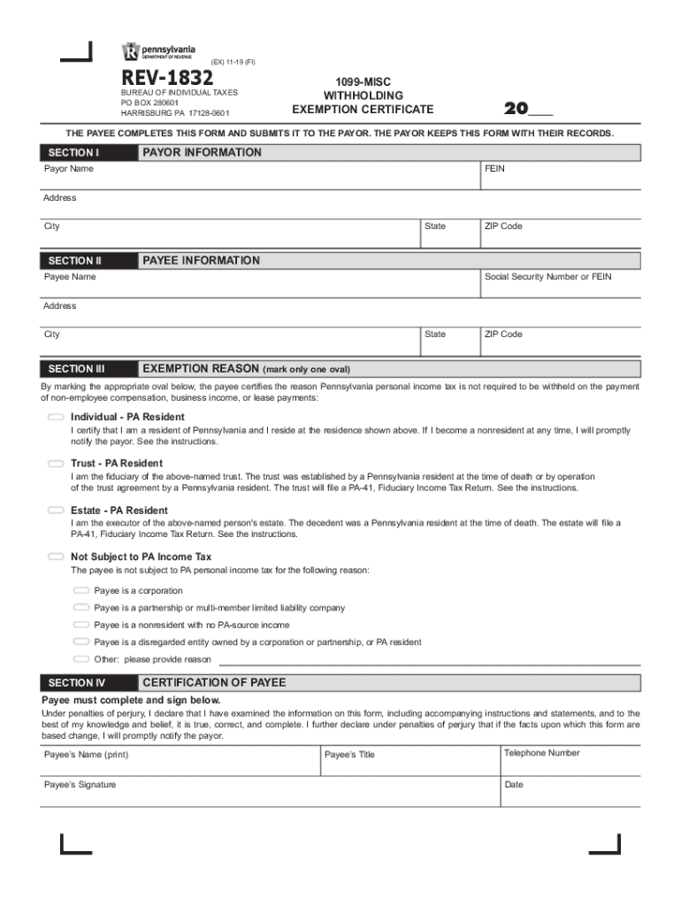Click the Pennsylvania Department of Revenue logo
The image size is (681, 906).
point(159,52)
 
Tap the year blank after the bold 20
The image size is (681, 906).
point(539,110)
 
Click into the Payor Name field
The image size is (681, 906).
point(256,177)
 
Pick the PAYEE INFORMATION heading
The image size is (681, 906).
point(201,260)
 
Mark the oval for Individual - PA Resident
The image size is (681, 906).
point(56,417)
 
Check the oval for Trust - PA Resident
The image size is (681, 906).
point(56,464)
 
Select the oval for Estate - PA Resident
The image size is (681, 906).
point(56,511)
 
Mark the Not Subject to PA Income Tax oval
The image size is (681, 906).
point(56,557)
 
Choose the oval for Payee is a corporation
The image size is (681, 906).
point(81,590)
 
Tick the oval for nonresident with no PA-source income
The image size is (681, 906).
point(81,625)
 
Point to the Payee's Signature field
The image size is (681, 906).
point(265,794)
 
